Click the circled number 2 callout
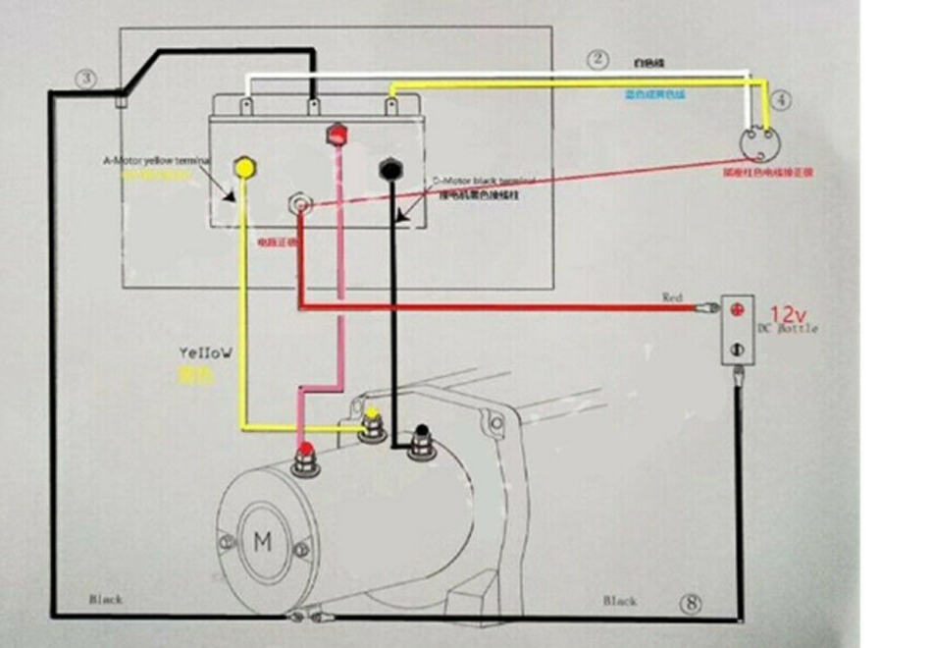[598, 59]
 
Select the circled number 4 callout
[780, 99]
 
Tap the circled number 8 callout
[691, 603]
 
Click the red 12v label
[787, 314]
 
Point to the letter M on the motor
[263, 541]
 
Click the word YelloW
[206, 351]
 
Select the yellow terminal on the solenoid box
[244, 167]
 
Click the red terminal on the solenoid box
[337, 134]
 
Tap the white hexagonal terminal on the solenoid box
[299, 204]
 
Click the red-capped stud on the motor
[306, 456]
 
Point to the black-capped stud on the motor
[421, 438]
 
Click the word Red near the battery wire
[672, 297]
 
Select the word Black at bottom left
[106, 599]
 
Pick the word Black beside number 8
[619, 600]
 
